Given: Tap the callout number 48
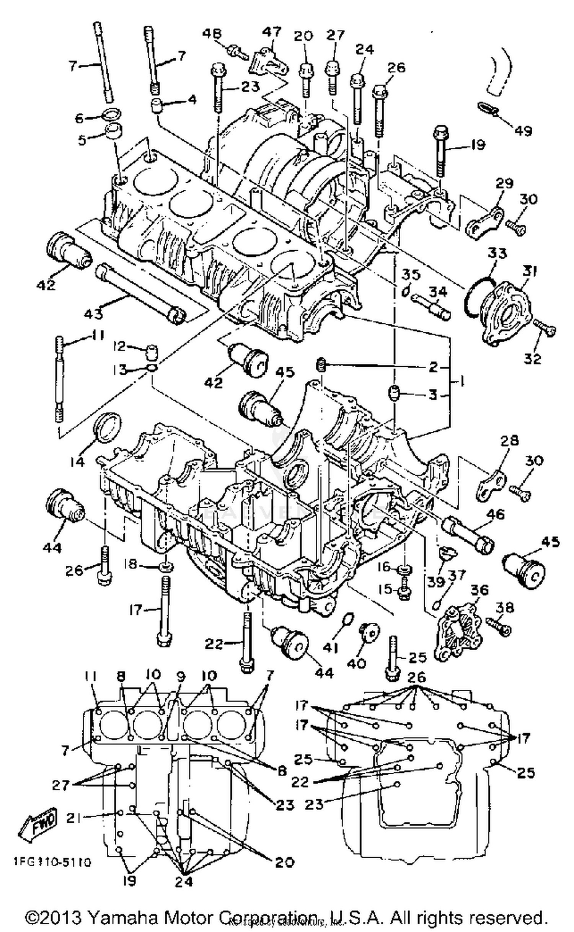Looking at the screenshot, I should [x=212, y=33].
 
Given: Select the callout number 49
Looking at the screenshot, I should [x=523, y=131].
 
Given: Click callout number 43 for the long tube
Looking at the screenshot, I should [x=93, y=313].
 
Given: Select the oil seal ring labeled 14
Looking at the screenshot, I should [x=109, y=428].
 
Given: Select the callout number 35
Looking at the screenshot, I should [x=411, y=275].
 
